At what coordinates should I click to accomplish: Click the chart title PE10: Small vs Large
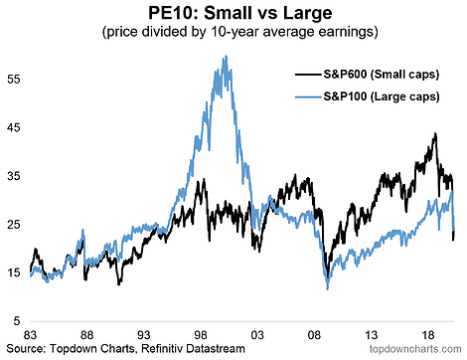239,13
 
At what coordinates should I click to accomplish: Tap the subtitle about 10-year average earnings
240,32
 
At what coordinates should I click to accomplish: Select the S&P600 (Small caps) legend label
382,75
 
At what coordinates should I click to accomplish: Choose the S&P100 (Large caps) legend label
382,96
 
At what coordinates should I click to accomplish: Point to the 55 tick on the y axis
14,80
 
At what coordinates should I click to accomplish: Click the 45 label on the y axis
14,127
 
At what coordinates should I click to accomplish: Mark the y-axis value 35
14,176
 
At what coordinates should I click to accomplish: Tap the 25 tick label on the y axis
14,225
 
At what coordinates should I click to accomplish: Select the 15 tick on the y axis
14,272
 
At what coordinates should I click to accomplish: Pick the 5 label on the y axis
17,321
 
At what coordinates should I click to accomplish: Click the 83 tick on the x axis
30,335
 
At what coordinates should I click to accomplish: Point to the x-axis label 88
86,335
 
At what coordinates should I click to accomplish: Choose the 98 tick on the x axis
201,335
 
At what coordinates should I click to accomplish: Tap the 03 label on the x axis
257,335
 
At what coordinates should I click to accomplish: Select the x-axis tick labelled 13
371,335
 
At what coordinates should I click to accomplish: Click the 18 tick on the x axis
428,335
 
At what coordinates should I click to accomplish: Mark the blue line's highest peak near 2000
226,56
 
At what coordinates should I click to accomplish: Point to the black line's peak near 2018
435,133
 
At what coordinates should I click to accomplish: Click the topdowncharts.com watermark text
415,349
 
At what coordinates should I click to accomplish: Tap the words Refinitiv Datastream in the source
193,349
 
